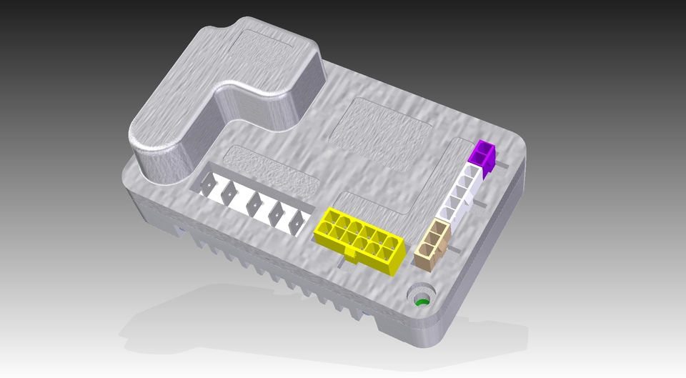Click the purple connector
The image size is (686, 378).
[x=482, y=157]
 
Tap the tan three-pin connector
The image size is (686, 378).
[x=433, y=245]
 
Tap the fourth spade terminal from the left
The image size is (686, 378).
[x=276, y=212]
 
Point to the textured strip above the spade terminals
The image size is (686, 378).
[x=272, y=171]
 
